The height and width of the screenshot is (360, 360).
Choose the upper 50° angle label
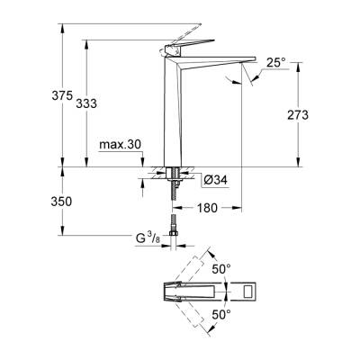(221, 268)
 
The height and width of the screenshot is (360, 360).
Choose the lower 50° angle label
(221, 314)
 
